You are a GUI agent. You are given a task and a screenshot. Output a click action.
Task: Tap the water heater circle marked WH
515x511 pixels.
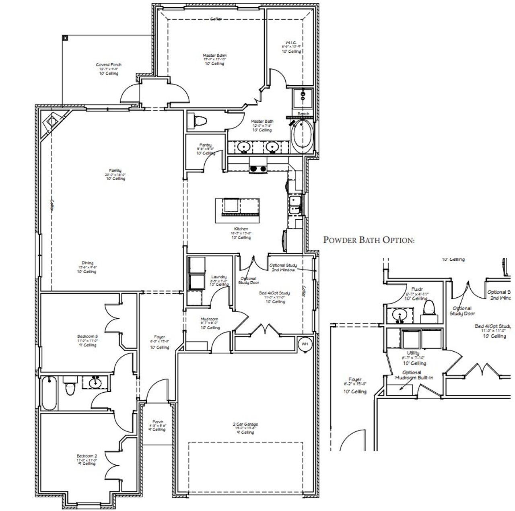click(x=305, y=344)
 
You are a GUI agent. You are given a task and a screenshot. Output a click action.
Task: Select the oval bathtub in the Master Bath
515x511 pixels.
click(x=301, y=137)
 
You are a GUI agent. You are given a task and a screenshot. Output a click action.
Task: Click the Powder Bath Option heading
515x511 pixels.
click(x=369, y=240)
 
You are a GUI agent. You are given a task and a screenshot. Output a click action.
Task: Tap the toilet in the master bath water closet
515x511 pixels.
click(x=200, y=120)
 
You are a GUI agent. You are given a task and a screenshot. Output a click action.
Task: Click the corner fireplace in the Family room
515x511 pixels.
click(x=52, y=121)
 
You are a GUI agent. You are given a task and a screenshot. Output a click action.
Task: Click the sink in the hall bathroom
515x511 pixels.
click(x=95, y=382)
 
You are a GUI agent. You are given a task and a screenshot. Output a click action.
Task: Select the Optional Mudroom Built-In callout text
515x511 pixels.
click(x=411, y=375)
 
